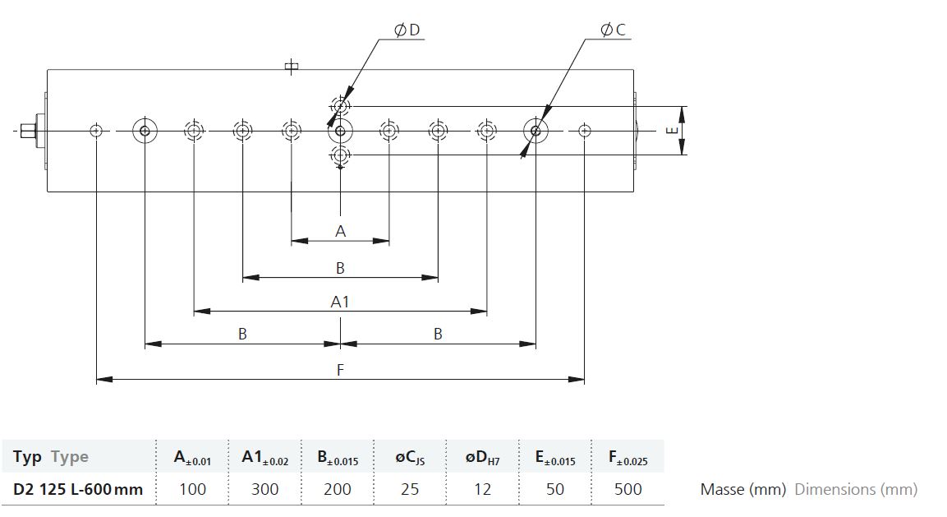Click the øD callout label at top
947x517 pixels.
407,30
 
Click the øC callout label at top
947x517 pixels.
613,29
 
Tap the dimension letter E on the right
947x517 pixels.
672,131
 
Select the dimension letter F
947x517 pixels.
340,369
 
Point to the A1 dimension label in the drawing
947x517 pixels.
340,301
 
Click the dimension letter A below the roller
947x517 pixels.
341,231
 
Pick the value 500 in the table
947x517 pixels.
628,488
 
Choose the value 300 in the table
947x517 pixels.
265,488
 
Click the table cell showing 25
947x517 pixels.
410,488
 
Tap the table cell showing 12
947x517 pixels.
482,488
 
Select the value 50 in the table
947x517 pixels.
555,488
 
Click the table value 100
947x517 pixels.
193,488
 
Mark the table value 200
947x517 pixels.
337,488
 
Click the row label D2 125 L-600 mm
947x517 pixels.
78,489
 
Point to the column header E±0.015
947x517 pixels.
555,458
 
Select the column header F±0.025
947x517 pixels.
628,458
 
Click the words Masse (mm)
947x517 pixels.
743,489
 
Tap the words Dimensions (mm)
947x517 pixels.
857,489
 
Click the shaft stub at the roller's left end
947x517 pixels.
27,131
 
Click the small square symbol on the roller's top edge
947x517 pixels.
291,67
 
